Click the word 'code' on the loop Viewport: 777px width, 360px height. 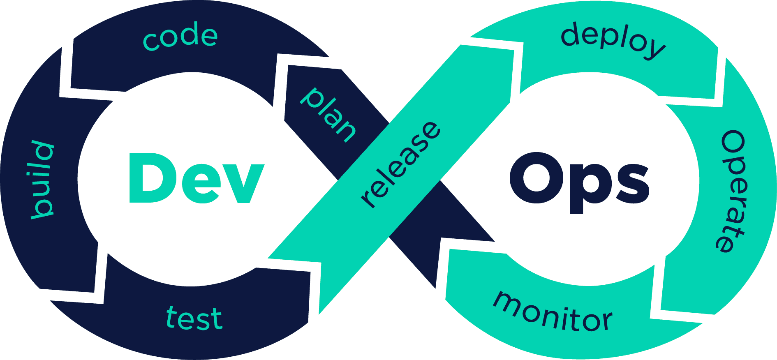tap(180, 37)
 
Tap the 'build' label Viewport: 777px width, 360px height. tap(42, 180)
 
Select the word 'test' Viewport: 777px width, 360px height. tap(194, 318)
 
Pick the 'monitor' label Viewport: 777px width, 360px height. tap(553, 312)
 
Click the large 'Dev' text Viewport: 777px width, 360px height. tap(197, 178)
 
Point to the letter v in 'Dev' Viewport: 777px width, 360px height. tap(244, 183)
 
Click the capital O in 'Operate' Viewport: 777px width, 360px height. tap(733, 144)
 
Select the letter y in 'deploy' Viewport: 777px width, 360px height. tap(654, 49)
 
